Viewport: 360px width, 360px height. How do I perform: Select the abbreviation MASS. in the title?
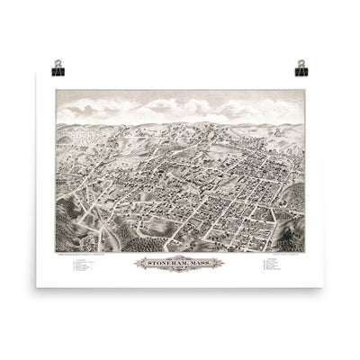point(197,263)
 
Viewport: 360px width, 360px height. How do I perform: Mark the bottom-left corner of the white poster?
point(37,287)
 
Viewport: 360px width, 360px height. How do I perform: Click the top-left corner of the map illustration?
point(56,90)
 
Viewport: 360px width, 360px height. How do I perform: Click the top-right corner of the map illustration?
point(304,90)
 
